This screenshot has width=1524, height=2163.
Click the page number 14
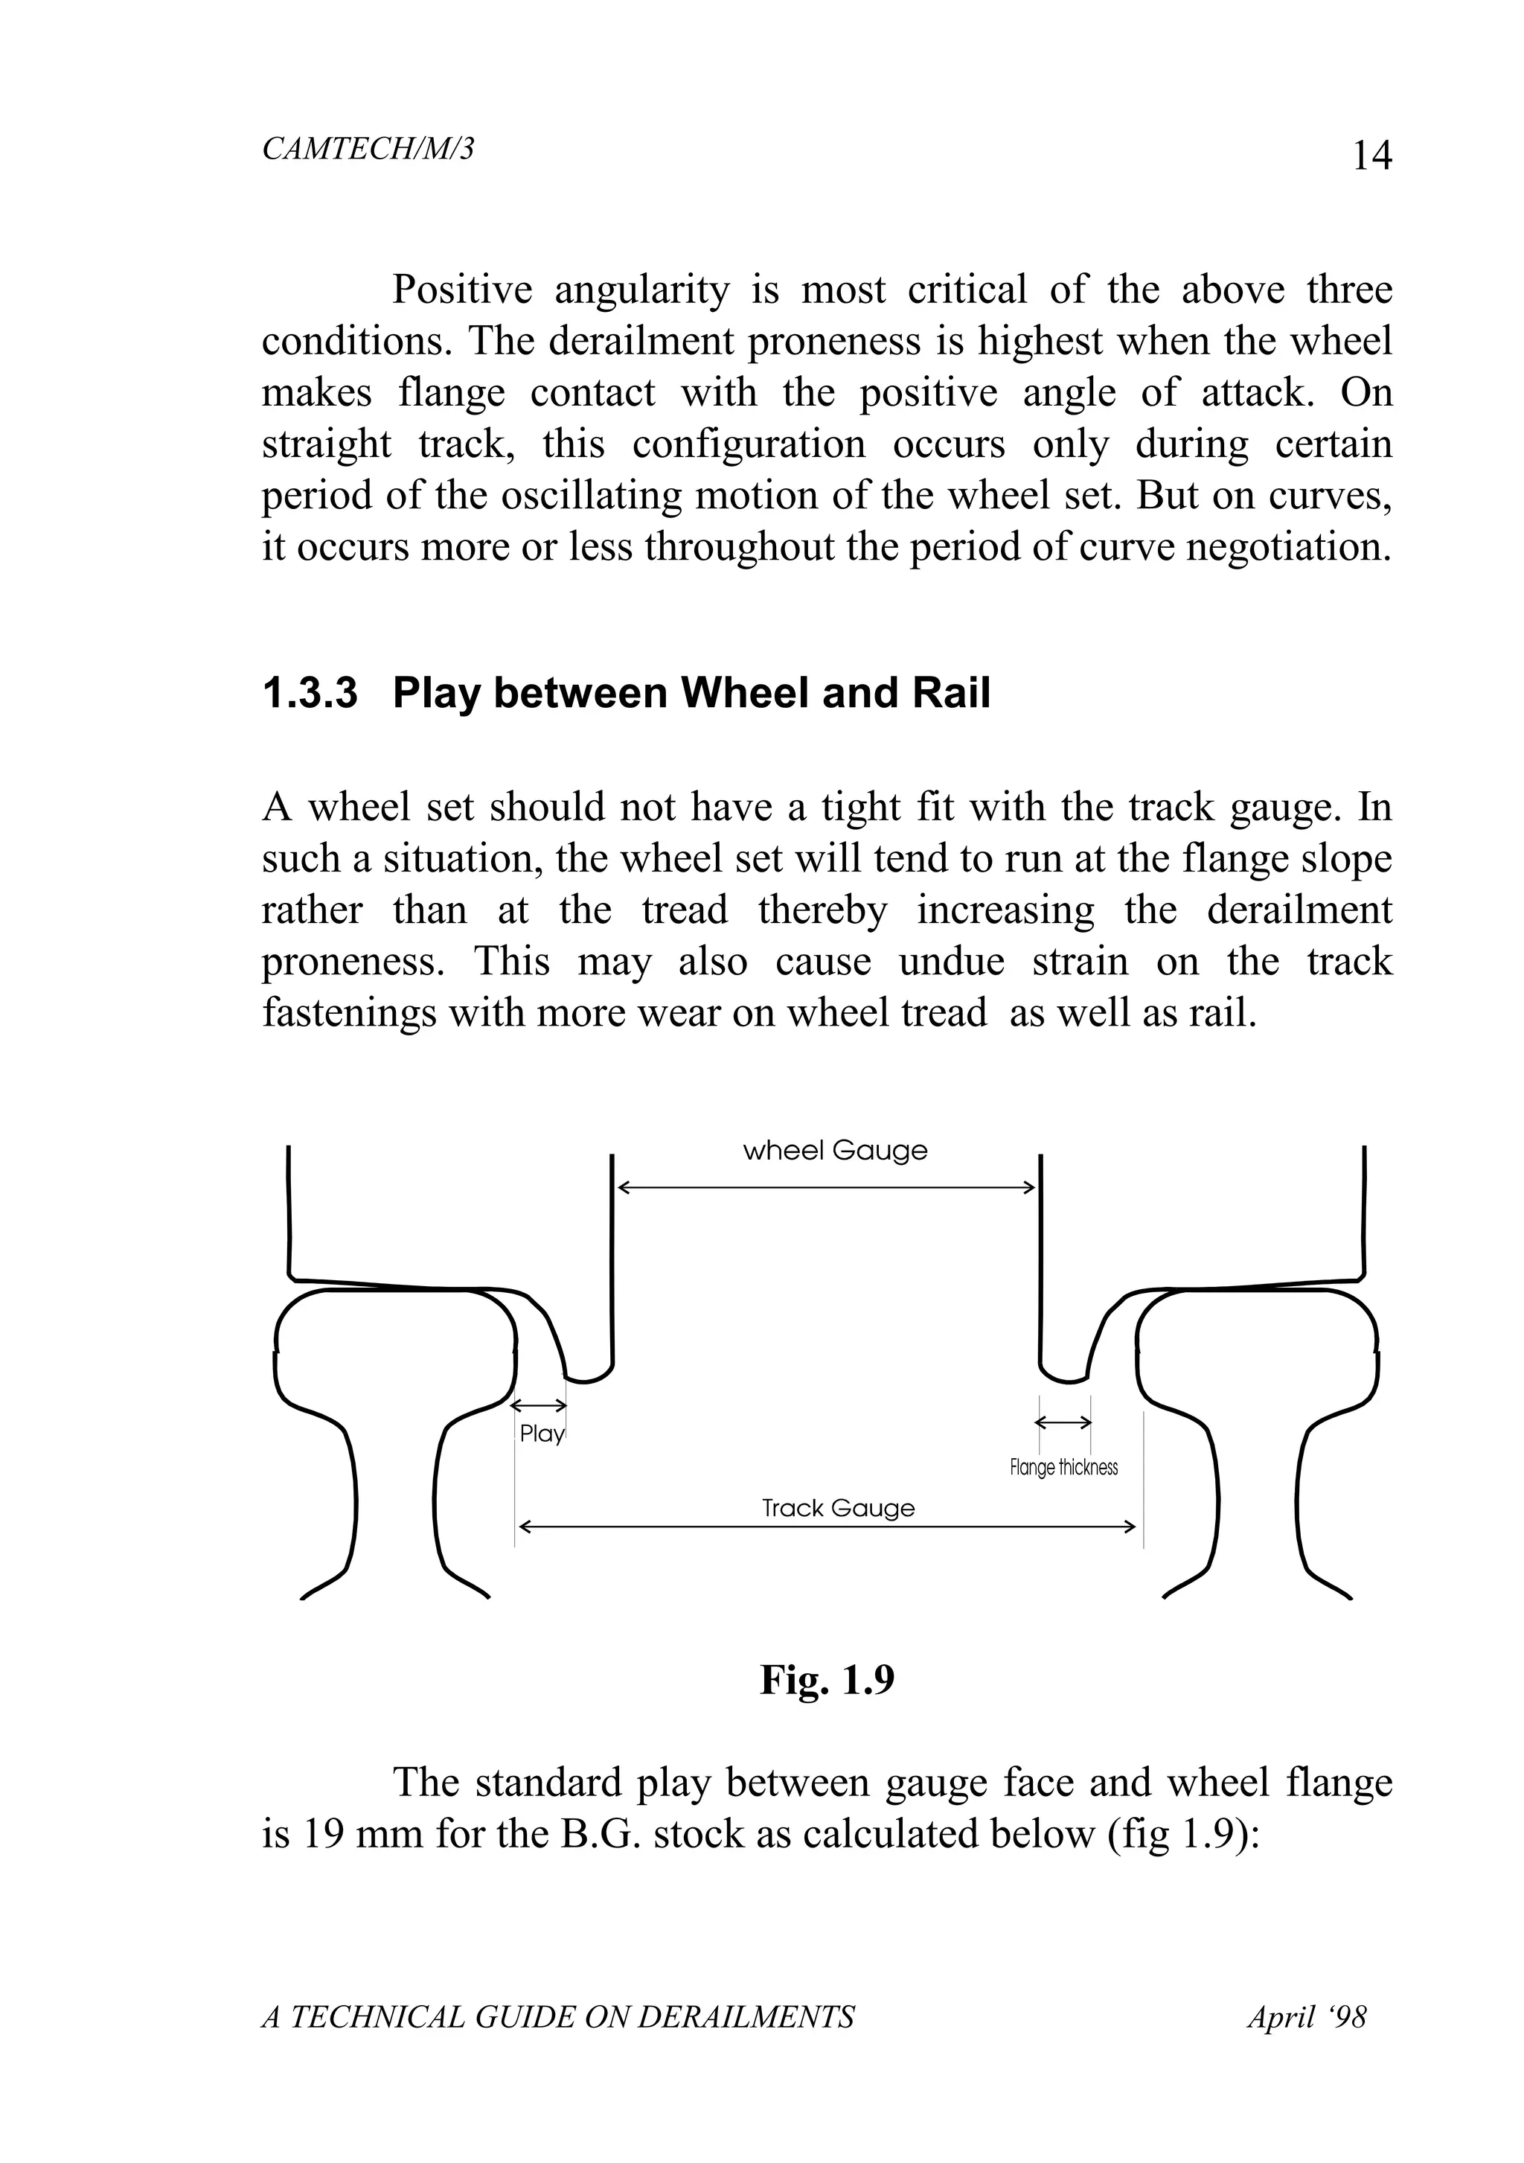1371,156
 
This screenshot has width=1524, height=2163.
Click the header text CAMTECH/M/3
368,149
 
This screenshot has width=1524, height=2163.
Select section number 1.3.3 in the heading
310,694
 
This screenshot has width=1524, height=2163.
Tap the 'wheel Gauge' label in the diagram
834,1150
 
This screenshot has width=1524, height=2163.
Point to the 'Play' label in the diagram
542,1433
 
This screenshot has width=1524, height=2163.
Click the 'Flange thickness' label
1063,1467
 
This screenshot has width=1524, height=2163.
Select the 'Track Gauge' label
837,1507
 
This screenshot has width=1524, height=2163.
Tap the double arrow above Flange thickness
1063,1422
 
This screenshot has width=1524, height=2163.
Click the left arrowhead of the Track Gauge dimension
525,1526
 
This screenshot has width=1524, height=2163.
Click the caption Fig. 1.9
826,1678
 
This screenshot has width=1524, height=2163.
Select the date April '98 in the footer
1307,2017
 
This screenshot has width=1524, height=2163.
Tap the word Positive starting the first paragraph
461,290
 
